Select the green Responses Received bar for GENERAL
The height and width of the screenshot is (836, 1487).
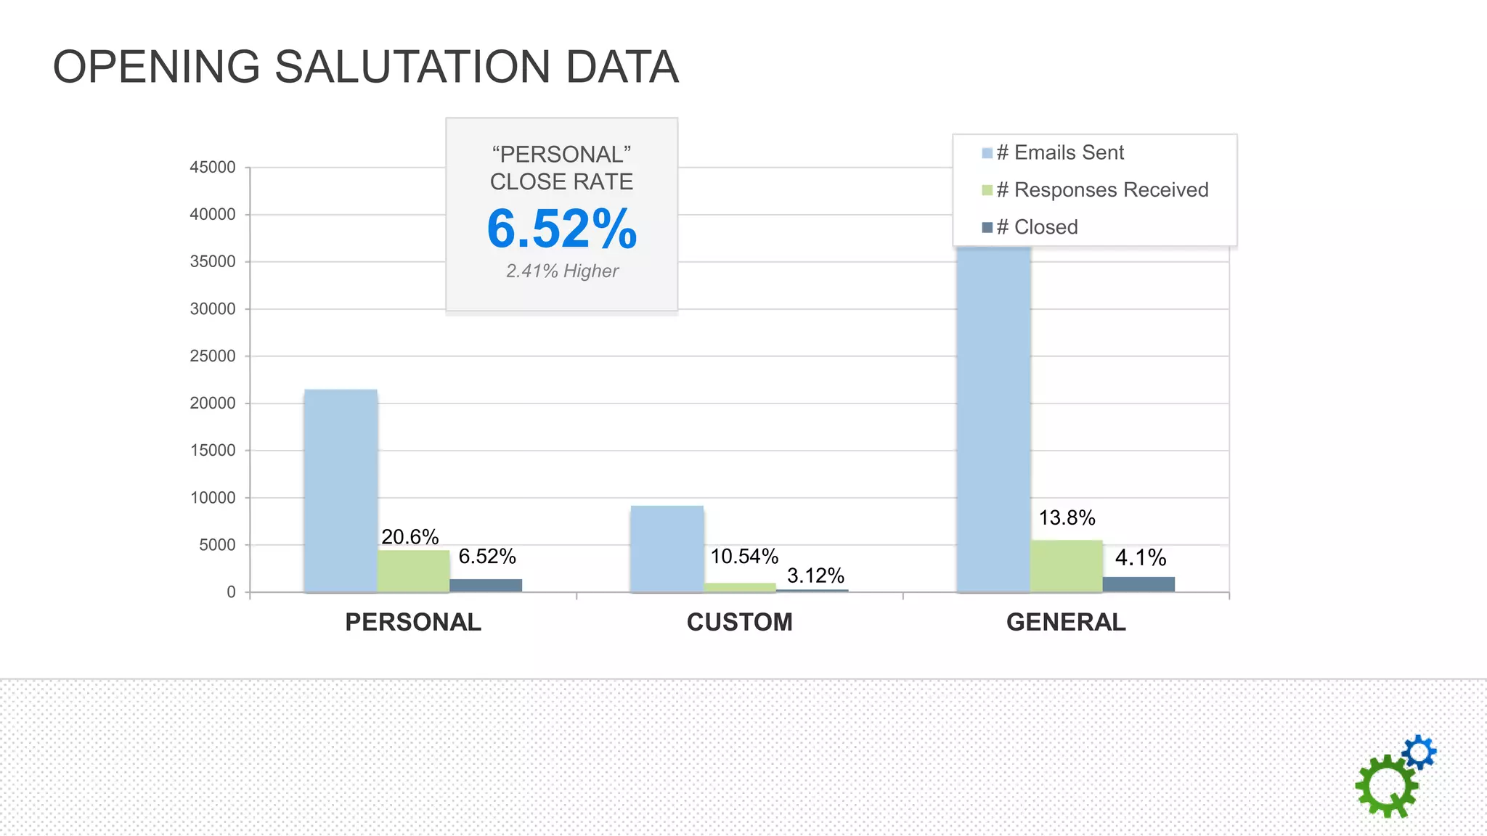[x=1066, y=566]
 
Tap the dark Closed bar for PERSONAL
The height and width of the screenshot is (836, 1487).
[x=486, y=585]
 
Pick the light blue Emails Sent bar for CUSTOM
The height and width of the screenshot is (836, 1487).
[x=667, y=549]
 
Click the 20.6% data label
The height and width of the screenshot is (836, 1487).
[x=410, y=537]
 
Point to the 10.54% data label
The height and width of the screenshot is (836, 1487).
[x=744, y=557]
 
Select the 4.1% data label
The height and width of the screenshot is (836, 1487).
[x=1140, y=557]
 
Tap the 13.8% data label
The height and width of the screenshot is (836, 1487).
[x=1067, y=518]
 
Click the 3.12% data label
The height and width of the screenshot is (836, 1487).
[x=815, y=576]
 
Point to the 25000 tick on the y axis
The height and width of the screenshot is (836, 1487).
[x=212, y=356]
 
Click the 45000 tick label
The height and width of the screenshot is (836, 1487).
[x=212, y=168]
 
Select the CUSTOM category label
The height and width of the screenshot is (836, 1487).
[x=739, y=623]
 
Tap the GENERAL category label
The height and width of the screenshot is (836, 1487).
[x=1065, y=623]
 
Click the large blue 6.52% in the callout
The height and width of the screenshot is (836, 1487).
[x=561, y=229]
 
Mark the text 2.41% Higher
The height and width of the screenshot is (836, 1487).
[x=562, y=271]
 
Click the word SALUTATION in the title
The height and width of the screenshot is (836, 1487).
[x=412, y=67]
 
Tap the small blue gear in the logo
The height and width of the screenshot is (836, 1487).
[x=1419, y=752]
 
